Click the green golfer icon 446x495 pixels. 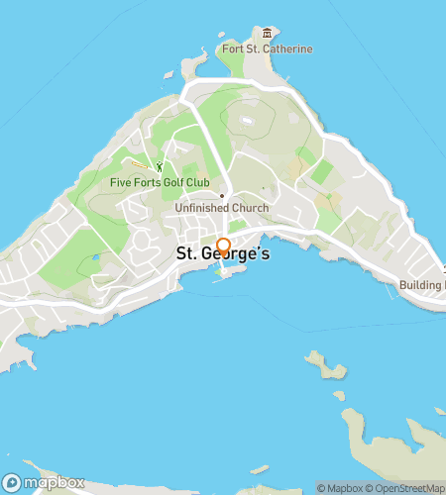[158, 166]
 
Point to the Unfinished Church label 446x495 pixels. [222, 209]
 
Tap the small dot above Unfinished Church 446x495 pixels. [222, 195]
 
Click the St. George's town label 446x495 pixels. [223, 253]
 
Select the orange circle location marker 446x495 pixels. [223, 246]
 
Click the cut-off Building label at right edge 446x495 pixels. [421, 285]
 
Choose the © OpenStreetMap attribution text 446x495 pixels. [405, 488]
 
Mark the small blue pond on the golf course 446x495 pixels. [95, 257]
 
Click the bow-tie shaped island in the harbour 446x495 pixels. [326, 365]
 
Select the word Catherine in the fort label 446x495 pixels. [286, 49]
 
